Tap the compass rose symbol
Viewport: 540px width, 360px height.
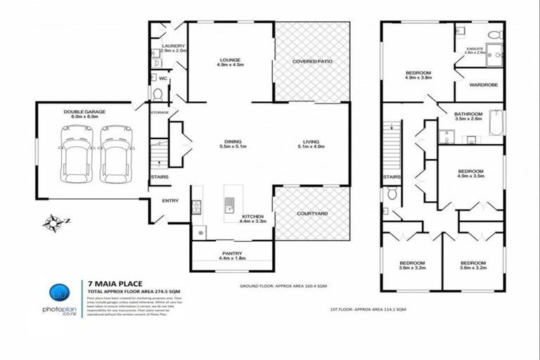(52, 224)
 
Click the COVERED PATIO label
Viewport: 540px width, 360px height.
(312, 62)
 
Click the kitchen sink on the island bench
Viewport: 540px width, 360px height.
(229, 205)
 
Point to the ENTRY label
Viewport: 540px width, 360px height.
(170, 201)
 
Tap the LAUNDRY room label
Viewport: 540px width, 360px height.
(173, 46)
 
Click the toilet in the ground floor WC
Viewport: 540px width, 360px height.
(157, 94)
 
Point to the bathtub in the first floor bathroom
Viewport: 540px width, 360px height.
(495, 121)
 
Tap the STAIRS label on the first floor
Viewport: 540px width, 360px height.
(392, 178)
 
